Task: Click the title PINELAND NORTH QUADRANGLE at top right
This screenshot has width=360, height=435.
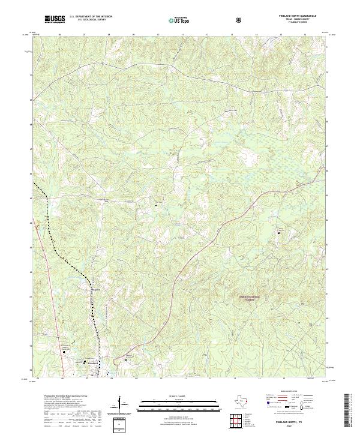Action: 295,16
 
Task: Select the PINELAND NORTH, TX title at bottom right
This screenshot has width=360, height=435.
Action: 291,422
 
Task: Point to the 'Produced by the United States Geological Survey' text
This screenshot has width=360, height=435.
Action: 61,397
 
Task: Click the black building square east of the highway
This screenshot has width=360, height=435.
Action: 278,233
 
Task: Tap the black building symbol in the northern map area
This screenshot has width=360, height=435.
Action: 226,110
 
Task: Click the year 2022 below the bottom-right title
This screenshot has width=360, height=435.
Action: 291,427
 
